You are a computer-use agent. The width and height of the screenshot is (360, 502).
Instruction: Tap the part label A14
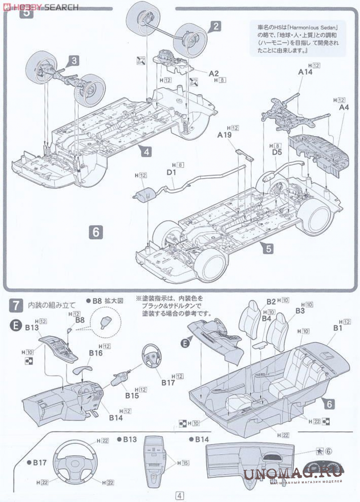pyautogui.click(x=305, y=72)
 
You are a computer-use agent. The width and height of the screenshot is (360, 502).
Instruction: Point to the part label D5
pyautogui.click(x=277, y=153)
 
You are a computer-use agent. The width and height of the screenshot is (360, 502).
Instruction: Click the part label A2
pyautogui.click(x=213, y=73)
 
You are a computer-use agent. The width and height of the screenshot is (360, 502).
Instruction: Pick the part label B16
pyautogui.click(x=96, y=353)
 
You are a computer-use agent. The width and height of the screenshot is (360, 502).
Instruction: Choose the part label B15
pyautogui.click(x=132, y=395)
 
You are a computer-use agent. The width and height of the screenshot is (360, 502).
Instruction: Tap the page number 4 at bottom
pyautogui.click(x=179, y=495)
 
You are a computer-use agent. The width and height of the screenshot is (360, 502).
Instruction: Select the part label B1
pyautogui.click(x=338, y=328)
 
